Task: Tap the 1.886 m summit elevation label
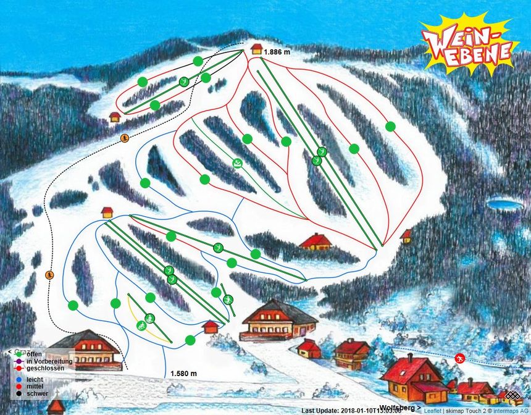coord(276,52)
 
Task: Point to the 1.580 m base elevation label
coord(183,374)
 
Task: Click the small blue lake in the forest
coord(503,204)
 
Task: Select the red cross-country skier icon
coord(459,359)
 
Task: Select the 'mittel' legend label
coord(35,385)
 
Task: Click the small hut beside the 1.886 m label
coord(256,49)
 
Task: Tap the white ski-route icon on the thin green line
coord(238,163)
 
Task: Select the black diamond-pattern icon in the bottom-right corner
coord(512,396)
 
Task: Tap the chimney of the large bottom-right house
coord(409,358)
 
